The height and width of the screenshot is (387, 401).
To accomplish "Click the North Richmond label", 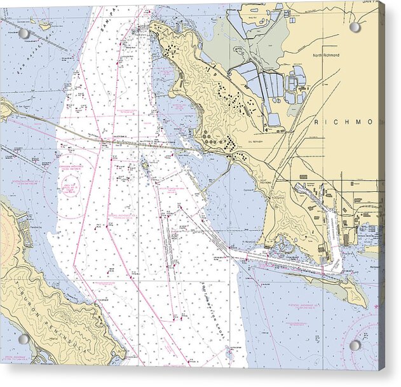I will (x=326, y=55).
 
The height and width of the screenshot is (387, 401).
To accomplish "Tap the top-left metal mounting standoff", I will (x=24, y=33).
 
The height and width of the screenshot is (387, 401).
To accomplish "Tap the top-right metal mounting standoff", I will (x=355, y=27).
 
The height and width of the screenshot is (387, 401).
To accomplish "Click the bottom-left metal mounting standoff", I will (x=24, y=339).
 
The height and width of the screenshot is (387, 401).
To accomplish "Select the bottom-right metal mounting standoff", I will (x=355, y=345).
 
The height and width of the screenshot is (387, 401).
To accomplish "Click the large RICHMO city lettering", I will (x=347, y=121).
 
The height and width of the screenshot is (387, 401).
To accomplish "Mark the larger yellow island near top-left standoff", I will (x=44, y=26).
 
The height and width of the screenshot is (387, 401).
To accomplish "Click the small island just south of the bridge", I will (x=145, y=166).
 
